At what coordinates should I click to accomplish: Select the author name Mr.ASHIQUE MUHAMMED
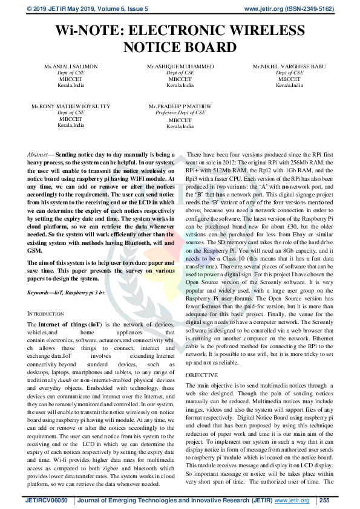click(180, 65)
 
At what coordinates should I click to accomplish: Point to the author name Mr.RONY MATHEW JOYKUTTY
click(71, 106)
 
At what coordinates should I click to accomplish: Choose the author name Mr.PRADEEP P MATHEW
click(180, 106)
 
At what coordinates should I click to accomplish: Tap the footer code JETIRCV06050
click(47, 501)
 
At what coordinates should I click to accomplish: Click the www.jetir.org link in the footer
click(292, 501)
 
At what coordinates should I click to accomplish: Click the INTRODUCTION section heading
click(50, 313)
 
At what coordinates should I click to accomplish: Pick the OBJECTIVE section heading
click(201, 375)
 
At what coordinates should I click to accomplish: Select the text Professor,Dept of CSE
click(180, 112)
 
